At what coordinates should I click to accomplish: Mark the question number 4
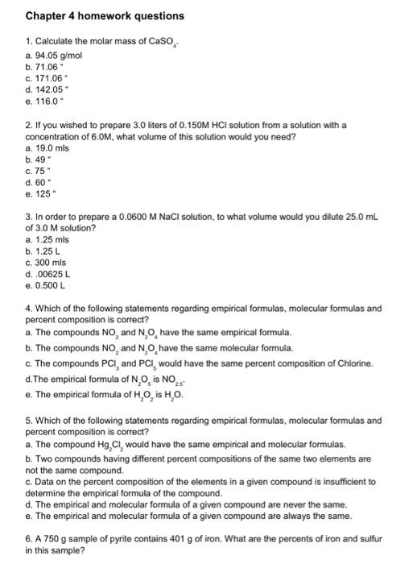click(28, 308)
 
